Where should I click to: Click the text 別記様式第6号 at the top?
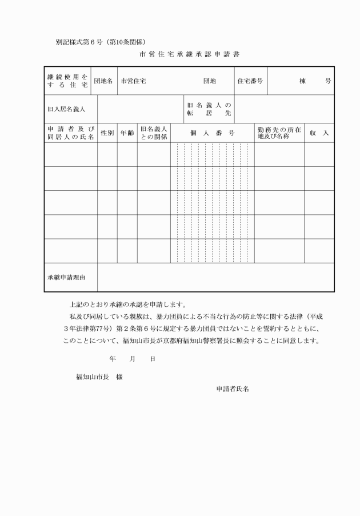click(79, 42)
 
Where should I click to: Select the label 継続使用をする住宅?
click(67, 81)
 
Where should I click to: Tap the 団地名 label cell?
click(103, 81)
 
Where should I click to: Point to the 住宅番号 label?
click(250, 81)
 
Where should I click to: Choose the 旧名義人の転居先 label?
click(209, 109)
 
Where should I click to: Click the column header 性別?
click(107, 133)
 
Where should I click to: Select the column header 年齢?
click(127, 133)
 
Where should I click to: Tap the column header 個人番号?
click(212, 133)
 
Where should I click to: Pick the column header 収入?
click(319, 133)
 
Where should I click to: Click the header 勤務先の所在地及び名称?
click(279, 133)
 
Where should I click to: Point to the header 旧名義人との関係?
click(154, 133)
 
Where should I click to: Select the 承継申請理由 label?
click(66, 278)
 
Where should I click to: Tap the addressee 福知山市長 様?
click(99, 377)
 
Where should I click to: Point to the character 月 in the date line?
click(132, 359)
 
